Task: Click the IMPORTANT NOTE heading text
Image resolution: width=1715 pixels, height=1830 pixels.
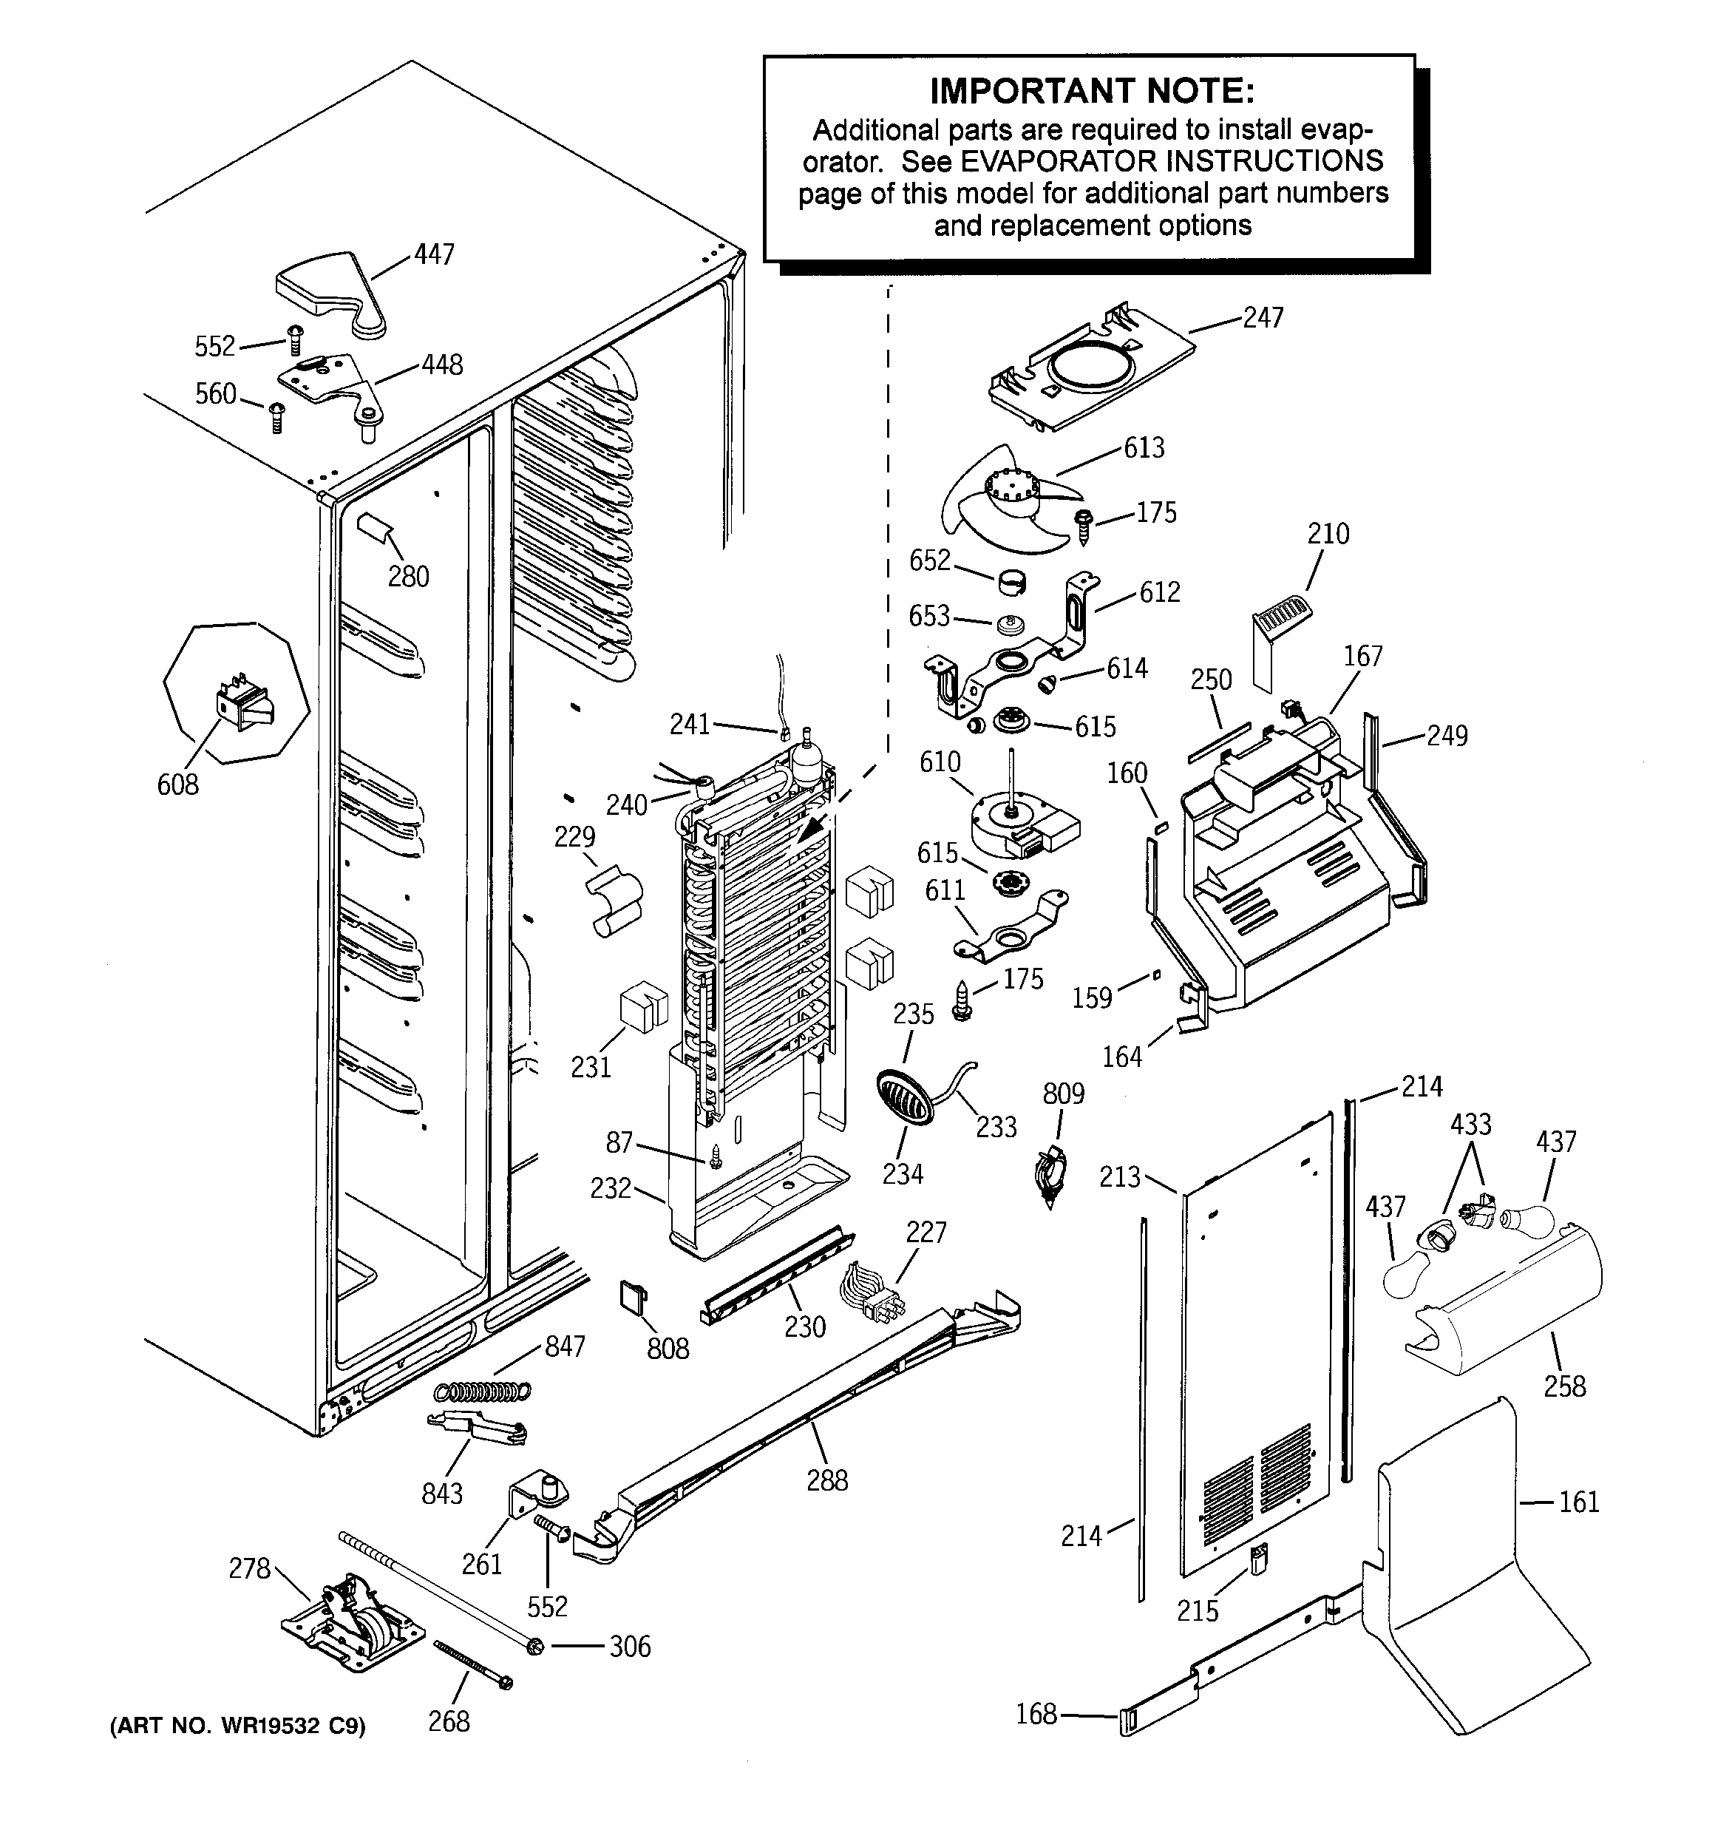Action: click(1092, 91)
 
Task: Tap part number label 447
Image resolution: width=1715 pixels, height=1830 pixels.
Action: click(434, 254)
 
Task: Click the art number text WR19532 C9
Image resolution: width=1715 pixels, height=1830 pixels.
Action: click(237, 1726)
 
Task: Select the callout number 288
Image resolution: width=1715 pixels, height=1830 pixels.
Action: click(826, 1481)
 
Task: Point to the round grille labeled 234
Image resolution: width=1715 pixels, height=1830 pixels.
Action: click(903, 1097)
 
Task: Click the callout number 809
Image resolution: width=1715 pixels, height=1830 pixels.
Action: click(1063, 1094)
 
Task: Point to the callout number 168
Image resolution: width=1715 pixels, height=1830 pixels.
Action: click(1036, 1714)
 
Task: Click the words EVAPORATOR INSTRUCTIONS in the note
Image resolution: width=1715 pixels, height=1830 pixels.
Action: click(1171, 161)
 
